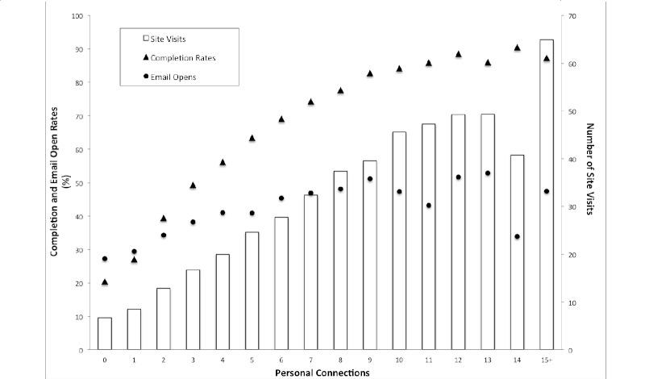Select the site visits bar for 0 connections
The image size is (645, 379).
tap(105, 334)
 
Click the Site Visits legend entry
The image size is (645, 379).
tap(169, 38)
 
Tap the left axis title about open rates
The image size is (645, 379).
tap(60, 183)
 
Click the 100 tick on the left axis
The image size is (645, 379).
tap(77, 16)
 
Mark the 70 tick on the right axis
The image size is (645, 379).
tap(570, 16)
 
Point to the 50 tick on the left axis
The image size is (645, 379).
tap(79, 183)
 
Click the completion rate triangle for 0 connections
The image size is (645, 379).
tap(105, 282)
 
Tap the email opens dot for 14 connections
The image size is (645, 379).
tap(517, 236)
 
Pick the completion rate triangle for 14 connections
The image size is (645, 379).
tap(517, 48)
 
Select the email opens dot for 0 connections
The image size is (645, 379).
tap(105, 259)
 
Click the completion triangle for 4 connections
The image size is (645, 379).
tap(223, 162)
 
